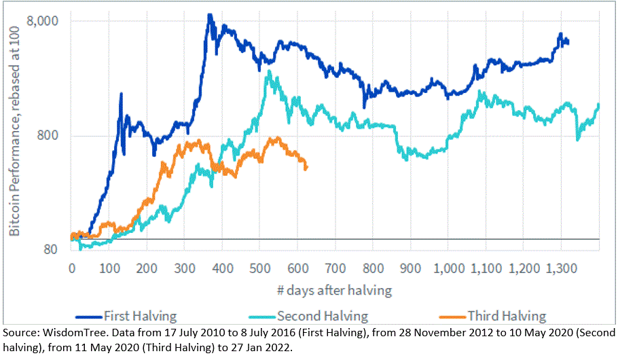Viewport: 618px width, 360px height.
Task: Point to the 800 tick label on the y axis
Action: point(52,135)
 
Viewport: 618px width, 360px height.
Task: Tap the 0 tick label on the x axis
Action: point(71,268)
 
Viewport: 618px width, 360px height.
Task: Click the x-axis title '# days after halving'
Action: point(333,291)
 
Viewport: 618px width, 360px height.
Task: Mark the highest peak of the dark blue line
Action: point(210,14)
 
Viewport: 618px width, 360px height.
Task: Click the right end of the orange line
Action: point(306,168)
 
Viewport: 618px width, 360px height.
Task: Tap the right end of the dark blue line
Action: point(568,43)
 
